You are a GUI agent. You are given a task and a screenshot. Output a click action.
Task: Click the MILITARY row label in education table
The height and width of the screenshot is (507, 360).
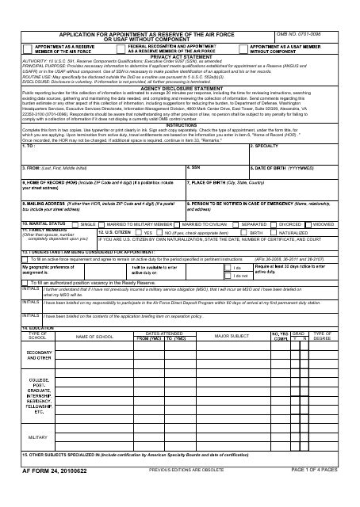[x=38, y=436]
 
